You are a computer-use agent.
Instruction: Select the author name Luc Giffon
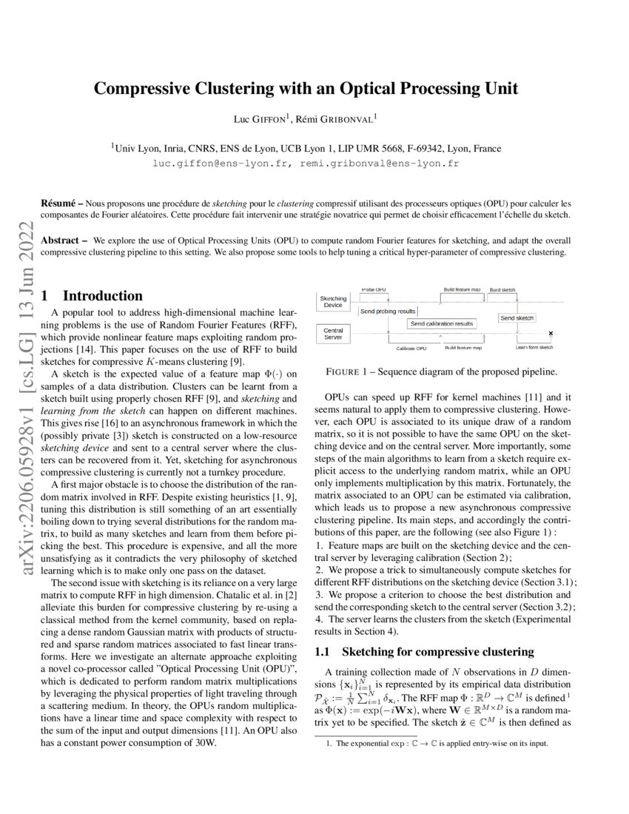262,118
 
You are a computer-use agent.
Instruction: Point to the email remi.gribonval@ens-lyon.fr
380,163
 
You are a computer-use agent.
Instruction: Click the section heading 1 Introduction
92,295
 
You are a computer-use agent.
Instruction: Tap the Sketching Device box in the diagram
333,301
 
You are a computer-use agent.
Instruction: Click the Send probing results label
387,312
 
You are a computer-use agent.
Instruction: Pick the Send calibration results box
442,324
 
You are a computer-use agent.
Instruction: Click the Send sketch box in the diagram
517,317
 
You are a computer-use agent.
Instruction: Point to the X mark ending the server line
551,334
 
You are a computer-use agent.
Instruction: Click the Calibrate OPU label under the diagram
411,348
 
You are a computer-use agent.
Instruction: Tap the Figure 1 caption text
442,371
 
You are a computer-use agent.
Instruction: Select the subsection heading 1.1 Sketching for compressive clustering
424,652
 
